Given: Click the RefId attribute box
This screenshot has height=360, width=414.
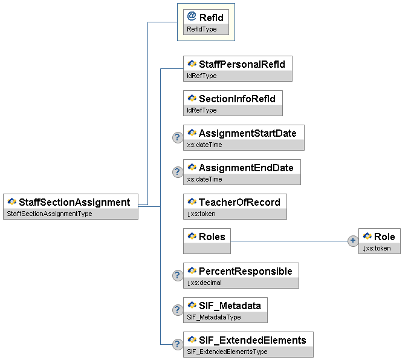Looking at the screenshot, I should coord(206,22).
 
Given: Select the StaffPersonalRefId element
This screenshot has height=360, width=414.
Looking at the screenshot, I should coord(238,68).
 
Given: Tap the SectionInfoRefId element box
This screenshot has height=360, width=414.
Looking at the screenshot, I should coord(233,103).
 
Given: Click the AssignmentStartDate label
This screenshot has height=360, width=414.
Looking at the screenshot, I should coord(247,133).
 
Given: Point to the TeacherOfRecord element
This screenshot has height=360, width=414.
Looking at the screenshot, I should coord(235,206).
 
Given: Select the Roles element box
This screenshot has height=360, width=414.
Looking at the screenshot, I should coord(207,241).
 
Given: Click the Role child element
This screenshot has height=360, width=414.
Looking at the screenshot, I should coord(380,241).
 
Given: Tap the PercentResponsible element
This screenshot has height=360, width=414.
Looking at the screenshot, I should coord(241,275).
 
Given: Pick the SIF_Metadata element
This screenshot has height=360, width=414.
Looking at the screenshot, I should coord(225,310).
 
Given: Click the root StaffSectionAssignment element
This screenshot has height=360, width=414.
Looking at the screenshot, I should coord(71,206).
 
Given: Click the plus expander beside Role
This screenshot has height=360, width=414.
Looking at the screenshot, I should coord(353,241).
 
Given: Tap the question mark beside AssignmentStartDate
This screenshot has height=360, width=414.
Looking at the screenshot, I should coord(178,137).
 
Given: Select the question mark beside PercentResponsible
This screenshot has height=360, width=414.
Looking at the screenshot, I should coord(178,275).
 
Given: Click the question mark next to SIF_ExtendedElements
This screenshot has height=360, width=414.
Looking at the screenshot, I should coord(178,344).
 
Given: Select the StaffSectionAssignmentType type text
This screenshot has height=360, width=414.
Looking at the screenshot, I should coord(49,214).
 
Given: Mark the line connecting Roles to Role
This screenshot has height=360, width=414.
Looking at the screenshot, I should coord(290,241).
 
